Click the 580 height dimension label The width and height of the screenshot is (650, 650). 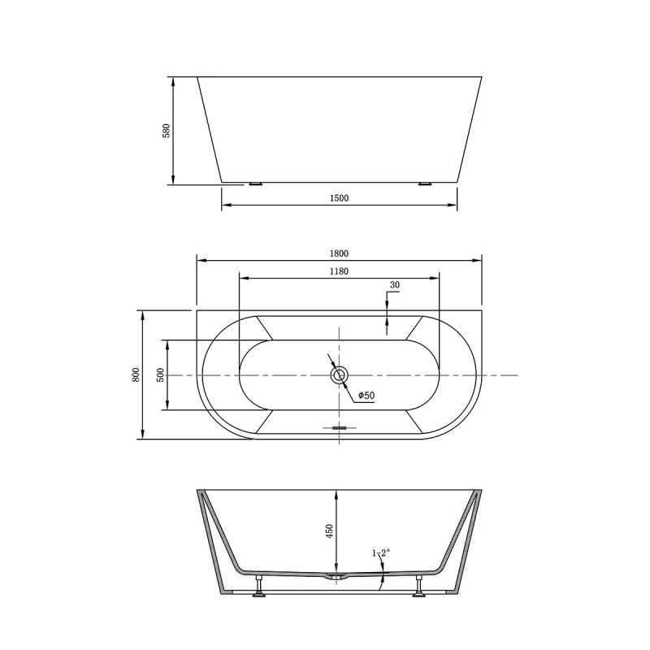(x=166, y=130)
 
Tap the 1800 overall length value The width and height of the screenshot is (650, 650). (x=339, y=252)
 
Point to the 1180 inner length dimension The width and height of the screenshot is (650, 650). (x=339, y=271)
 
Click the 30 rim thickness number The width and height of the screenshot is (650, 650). (x=395, y=285)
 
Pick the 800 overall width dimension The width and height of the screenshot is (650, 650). (x=136, y=375)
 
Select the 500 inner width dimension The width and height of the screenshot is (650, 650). (x=161, y=375)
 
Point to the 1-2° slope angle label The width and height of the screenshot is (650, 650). (x=381, y=552)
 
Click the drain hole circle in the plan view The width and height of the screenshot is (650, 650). (x=339, y=375)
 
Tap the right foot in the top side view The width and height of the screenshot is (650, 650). (x=423, y=184)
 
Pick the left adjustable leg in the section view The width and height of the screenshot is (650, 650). (x=259, y=587)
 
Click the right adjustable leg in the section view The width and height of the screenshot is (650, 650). (x=419, y=587)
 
